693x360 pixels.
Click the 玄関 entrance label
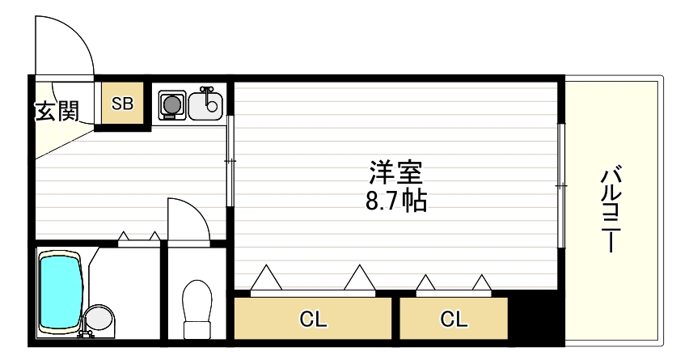(56, 111)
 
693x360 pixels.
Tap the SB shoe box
(122, 104)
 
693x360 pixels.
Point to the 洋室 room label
(396, 173)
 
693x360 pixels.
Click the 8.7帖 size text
(396, 199)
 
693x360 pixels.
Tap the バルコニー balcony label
(612, 208)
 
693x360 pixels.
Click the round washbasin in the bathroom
(99, 318)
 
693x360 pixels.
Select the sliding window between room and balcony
(560, 185)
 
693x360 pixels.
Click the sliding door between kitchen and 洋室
(230, 161)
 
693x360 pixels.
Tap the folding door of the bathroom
(138, 238)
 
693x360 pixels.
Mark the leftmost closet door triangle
(266, 278)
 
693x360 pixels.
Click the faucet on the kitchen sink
(208, 92)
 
